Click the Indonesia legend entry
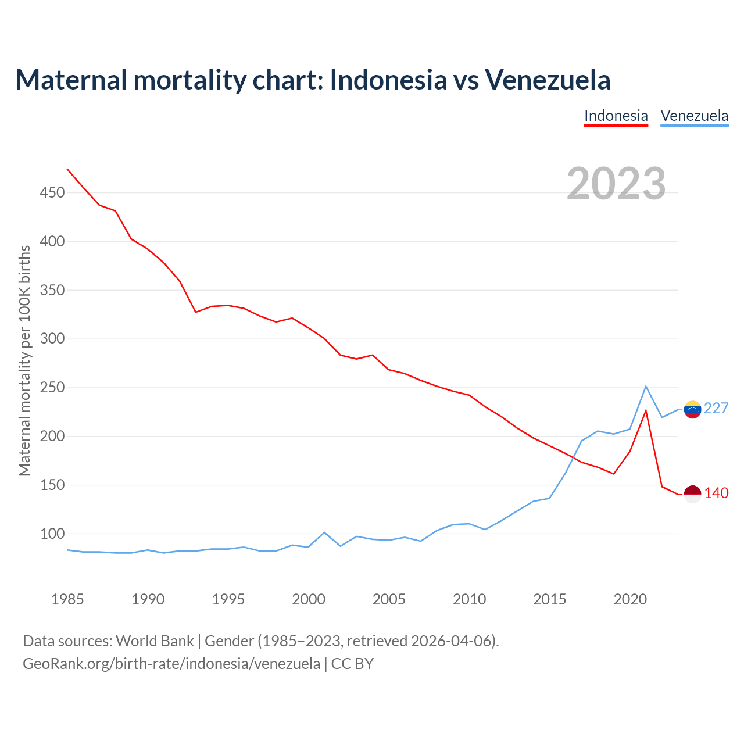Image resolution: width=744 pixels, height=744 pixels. point(616,116)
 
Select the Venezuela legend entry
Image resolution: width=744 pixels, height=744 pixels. point(694,116)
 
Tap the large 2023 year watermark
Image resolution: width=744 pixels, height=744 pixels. point(616,184)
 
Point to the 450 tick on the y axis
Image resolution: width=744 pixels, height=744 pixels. point(52,192)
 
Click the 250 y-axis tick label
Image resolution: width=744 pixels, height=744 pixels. point(52,388)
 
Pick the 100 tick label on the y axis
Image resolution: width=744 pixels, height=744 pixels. point(52,534)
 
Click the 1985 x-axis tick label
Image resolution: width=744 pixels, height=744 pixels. point(67,599)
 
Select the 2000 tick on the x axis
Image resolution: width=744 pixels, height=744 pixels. point(309,599)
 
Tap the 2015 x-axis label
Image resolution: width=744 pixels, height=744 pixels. point(549,599)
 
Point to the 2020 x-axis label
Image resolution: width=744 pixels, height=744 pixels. point(630,599)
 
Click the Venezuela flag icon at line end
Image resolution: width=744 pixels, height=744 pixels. point(692,409)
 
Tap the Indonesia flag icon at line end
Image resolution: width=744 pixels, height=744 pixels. point(692,493)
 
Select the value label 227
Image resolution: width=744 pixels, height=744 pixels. point(716,409)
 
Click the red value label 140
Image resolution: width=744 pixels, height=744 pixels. point(716,493)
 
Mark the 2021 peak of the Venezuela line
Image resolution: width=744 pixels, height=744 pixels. point(646,386)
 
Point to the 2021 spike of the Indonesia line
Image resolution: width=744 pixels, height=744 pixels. point(646,410)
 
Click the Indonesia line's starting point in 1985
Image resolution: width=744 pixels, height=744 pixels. point(67,169)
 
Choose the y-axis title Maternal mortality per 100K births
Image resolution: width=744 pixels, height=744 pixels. point(24,361)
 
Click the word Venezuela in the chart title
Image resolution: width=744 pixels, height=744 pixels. point(548,80)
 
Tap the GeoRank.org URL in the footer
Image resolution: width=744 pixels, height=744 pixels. point(171,663)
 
